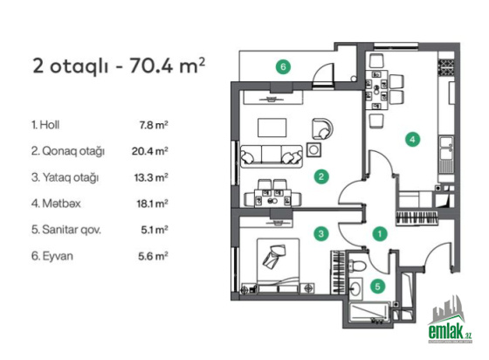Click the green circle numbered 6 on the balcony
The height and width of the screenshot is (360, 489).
[283, 66]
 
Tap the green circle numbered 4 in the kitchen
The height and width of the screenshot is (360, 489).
[412, 139]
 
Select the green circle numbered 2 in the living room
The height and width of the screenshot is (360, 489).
[321, 177]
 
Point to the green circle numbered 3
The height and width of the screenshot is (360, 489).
[321, 233]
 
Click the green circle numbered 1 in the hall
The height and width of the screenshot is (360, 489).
[380, 233]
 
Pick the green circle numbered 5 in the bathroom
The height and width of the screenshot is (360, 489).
[377, 286]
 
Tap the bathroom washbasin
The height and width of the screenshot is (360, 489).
[355, 288]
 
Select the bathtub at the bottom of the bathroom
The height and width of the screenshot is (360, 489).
[369, 313]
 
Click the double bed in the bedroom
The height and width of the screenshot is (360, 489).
[279, 266]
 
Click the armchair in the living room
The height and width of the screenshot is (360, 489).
[322, 128]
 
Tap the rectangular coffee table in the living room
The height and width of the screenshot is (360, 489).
[272, 128]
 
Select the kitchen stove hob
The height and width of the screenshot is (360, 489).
[447, 67]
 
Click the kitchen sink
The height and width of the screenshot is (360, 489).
[446, 149]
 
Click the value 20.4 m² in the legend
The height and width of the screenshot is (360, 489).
[149, 151]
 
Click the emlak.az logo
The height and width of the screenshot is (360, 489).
[450, 320]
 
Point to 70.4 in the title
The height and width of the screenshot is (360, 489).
[151, 66]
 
